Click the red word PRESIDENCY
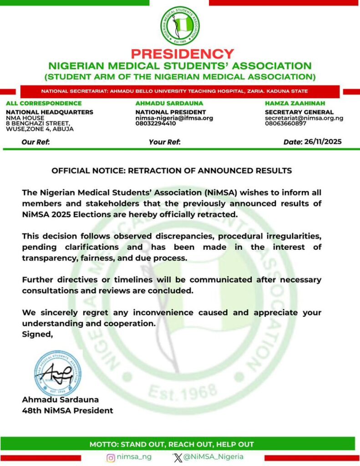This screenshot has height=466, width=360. click(182, 54)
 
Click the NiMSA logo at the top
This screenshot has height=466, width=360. click(180, 26)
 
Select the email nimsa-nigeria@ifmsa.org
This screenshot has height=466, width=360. click(174, 118)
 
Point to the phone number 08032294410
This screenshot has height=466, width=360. click(156, 123)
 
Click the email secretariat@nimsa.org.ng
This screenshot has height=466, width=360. click(304, 118)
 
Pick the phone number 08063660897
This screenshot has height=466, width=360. click(285, 123)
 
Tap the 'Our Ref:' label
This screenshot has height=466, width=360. click(35, 142)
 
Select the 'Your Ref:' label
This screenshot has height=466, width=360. click(165, 142)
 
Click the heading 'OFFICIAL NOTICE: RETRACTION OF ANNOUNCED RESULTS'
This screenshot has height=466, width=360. click(172, 171)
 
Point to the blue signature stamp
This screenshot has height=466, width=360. click(58, 373)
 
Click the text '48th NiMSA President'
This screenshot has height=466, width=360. click(67, 410)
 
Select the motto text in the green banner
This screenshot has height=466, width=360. click(172, 444)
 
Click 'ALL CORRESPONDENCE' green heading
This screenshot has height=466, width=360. click(44, 103)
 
